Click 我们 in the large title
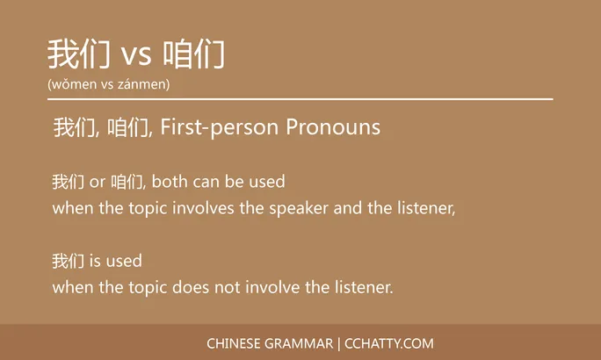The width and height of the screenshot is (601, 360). [78, 54]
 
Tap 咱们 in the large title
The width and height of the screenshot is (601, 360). [194, 54]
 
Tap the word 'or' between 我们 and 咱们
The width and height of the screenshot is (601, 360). [98, 183]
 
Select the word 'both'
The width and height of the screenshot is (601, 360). [170, 182]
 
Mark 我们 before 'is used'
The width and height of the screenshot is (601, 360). [68, 262]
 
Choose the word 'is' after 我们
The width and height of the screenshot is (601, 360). [96, 262]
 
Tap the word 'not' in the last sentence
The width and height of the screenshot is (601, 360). [228, 287]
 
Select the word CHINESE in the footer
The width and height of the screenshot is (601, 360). [233, 343]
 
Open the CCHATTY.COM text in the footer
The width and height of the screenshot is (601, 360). [390, 343]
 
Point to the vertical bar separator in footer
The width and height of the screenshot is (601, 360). [340, 343]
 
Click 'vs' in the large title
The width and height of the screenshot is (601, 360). [136, 56]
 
